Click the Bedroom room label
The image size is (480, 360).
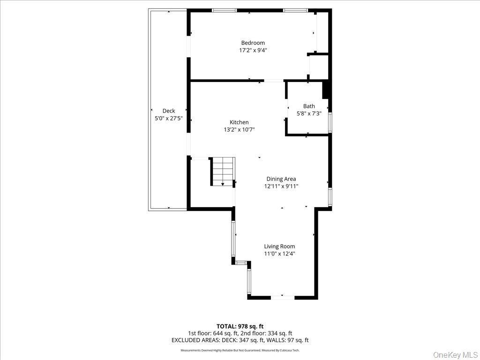[x=253, y=43]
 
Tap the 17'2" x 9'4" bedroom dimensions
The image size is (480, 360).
[x=253, y=50]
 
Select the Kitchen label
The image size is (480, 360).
[x=239, y=122]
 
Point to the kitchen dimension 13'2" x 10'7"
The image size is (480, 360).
[x=239, y=130]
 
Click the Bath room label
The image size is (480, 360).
[x=309, y=106]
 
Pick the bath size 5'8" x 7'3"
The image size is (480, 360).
[x=309, y=113]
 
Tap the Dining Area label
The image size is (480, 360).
[x=281, y=179]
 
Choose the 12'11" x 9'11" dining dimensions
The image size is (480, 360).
[x=281, y=186]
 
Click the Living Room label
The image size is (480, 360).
[x=279, y=246]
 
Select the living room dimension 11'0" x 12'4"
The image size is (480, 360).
[x=279, y=254]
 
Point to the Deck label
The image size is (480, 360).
[x=169, y=111]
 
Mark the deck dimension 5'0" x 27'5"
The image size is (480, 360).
[x=169, y=119]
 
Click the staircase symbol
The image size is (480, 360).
[x=223, y=171]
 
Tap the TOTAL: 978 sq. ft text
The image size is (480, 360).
[x=240, y=326]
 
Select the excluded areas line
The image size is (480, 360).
[x=240, y=340]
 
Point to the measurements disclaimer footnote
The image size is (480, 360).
[x=240, y=350]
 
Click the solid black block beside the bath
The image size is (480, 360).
[x=327, y=90]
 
